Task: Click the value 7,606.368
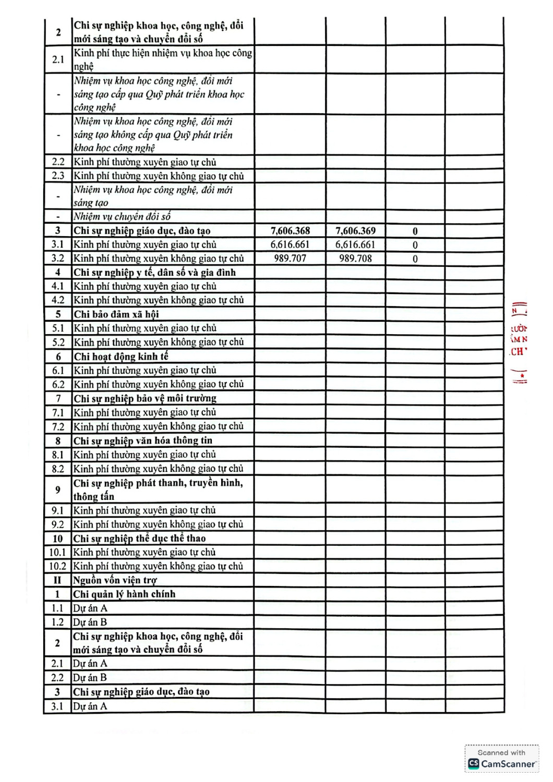click(x=290, y=231)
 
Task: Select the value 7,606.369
click(x=355, y=231)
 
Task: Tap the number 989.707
click(x=290, y=259)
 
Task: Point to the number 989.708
click(x=355, y=259)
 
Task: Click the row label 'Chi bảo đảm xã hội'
click(x=116, y=314)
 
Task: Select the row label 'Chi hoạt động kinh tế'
click(x=121, y=357)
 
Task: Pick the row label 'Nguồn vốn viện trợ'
click(x=115, y=580)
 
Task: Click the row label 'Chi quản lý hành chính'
click(x=124, y=594)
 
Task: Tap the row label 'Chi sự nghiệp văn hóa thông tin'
click(x=142, y=441)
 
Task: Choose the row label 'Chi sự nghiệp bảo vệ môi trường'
click(x=145, y=399)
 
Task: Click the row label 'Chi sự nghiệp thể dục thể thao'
click(x=139, y=539)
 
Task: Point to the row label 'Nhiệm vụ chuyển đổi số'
click(x=122, y=217)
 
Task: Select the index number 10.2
click(x=58, y=567)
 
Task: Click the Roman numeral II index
click(x=57, y=580)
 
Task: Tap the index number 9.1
click(x=58, y=511)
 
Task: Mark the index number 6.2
click(x=58, y=385)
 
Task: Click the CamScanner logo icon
click(x=474, y=764)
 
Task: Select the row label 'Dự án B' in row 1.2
click(x=90, y=622)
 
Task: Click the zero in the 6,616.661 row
click(x=415, y=245)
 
